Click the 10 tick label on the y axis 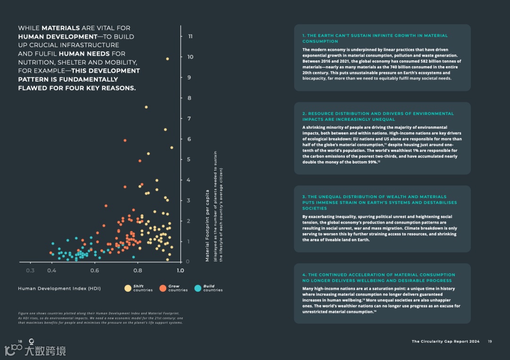(190, 57)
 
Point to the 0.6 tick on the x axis (94, 270)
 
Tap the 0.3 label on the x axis (30, 270)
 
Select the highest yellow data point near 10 (167, 59)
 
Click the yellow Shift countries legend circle (127, 288)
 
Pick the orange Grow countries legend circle (162, 288)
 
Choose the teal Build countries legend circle (197, 288)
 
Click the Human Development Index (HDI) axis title (59, 288)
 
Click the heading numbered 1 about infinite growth (375, 38)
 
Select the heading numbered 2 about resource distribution (378, 116)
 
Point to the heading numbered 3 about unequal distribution (380, 202)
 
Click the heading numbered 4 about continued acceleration (379, 277)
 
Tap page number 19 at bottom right (490, 342)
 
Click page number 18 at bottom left (20, 342)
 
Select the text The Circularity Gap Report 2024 (445, 342)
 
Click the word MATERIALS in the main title (60, 28)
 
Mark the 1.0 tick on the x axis (180, 270)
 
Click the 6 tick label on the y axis (189, 139)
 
